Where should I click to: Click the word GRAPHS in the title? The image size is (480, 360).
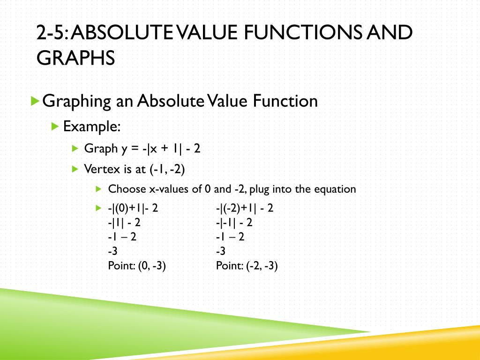(x=76, y=59)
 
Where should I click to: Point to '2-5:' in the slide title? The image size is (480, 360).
(x=52, y=34)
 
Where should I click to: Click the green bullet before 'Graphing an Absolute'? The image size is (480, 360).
(x=34, y=101)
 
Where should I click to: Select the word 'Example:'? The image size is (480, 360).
(x=92, y=126)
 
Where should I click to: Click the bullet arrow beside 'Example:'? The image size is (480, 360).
(x=55, y=126)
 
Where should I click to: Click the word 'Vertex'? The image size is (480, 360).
(x=99, y=169)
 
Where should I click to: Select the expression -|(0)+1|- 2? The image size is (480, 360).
(x=133, y=208)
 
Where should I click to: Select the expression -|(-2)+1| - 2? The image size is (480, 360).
(x=244, y=208)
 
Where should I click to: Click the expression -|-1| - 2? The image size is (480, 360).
(x=234, y=223)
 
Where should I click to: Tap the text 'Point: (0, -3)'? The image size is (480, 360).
(x=137, y=266)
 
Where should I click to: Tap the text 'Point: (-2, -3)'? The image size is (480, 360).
(x=247, y=266)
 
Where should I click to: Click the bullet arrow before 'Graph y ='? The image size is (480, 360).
(x=75, y=149)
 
